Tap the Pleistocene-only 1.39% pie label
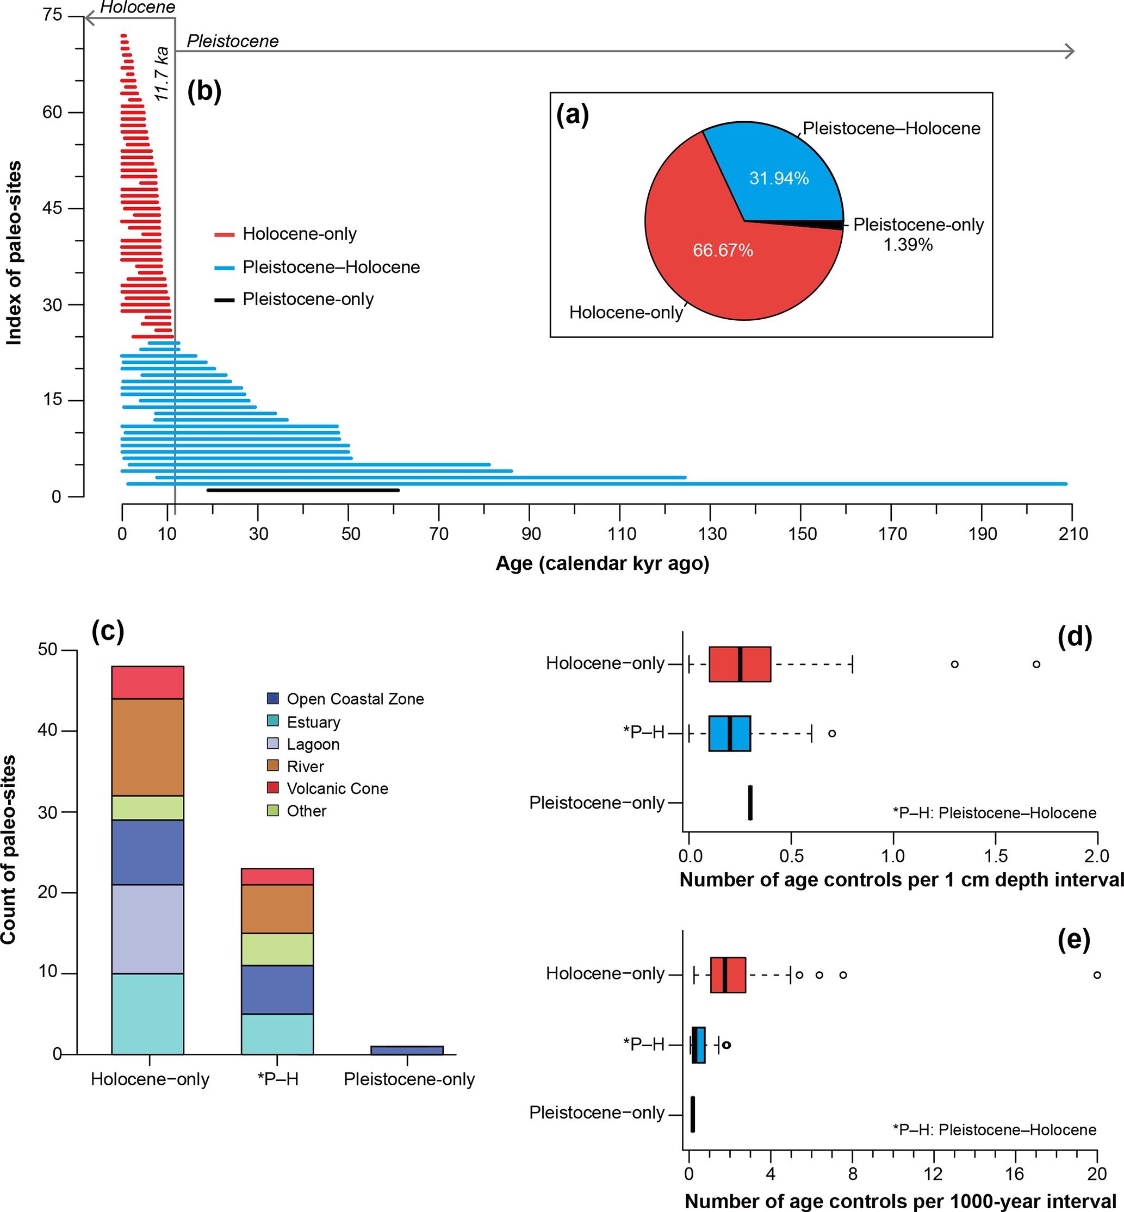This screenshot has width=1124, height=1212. [x=918, y=234]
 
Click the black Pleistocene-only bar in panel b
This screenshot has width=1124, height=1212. [x=303, y=490]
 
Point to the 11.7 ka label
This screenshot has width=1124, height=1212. [x=161, y=74]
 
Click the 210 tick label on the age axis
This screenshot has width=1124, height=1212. [x=1073, y=534]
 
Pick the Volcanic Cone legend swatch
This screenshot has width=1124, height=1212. [x=273, y=787]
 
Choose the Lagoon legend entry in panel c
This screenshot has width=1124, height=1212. [x=313, y=744]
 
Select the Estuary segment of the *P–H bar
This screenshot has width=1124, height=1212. [x=277, y=1034]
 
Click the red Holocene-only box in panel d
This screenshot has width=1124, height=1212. [x=740, y=664]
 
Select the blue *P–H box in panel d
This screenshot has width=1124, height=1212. [x=729, y=734]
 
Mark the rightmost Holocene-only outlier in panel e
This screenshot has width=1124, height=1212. [x=1097, y=975]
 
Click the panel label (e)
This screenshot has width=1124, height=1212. [x=1073, y=940]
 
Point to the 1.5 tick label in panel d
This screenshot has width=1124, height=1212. [x=996, y=856]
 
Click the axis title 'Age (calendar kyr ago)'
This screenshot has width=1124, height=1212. [x=602, y=563]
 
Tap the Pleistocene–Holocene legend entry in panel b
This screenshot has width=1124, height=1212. [x=330, y=267]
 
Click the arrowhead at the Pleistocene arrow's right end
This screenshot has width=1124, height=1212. [x=1069, y=51]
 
